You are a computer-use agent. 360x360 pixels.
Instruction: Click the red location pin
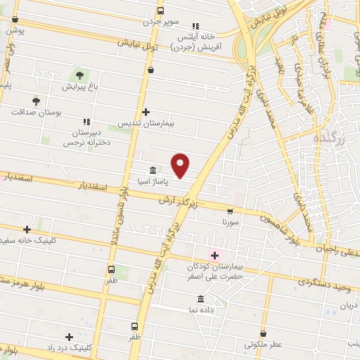[181, 165]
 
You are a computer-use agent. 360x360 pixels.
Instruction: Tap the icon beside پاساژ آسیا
[153, 170]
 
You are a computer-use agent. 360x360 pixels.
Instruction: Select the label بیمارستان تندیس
[148, 122]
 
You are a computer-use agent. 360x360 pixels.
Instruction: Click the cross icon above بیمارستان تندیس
[146, 112]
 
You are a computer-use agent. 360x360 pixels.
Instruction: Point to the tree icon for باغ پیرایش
[79, 75]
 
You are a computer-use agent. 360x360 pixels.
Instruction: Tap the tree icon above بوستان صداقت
[36, 101]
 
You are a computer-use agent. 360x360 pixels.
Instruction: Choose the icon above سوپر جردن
[161, 11]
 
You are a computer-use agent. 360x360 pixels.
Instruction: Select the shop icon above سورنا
[230, 210]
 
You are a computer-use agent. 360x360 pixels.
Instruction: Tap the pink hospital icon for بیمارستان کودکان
[214, 255]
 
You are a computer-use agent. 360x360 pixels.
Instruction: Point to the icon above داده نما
[201, 298]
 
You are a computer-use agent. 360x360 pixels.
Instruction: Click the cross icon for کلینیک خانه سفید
[27, 229]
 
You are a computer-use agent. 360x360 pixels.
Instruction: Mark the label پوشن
[15, 32]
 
